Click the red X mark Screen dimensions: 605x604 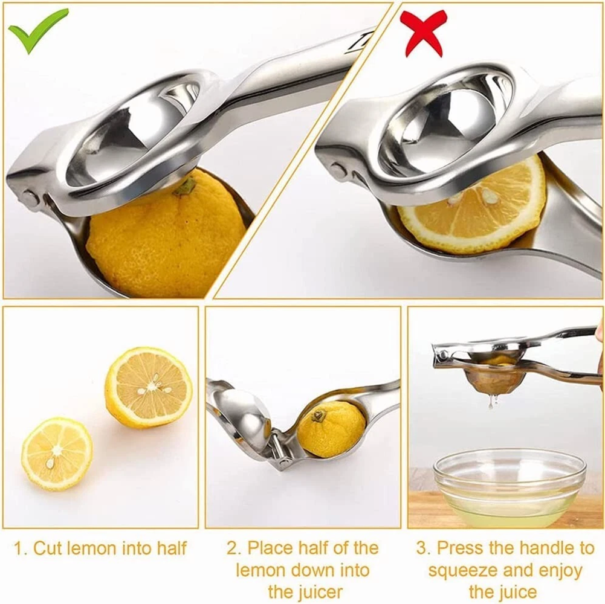click(x=423, y=33)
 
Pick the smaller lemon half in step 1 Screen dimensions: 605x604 click(x=57, y=454)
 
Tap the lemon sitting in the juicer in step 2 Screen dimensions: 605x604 click(x=332, y=429)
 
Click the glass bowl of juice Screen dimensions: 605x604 click(x=510, y=488)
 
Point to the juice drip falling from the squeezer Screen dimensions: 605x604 click(x=491, y=401)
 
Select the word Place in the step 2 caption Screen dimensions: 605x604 click(x=273, y=548)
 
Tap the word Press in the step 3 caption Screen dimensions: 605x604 click(x=460, y=548)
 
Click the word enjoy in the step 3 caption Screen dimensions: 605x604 click(x=560, y=571)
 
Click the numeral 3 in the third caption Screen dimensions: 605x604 click(x=421, y=548)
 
